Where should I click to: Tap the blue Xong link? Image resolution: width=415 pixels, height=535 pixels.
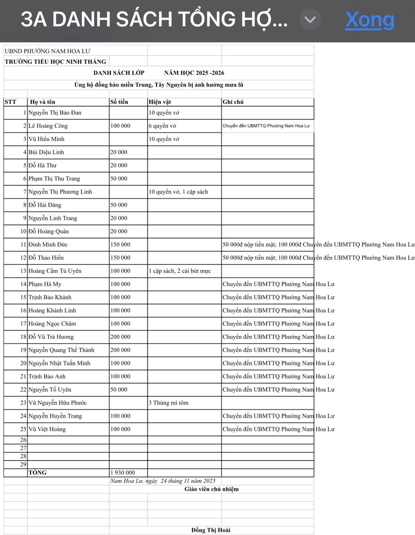[x=370, y=20]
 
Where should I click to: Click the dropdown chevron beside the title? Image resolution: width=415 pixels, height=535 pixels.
[x=310, y=20]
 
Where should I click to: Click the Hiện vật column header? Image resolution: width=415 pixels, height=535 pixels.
[x=160, y=102]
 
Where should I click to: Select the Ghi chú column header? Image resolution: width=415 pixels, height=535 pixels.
[x=233, y=102]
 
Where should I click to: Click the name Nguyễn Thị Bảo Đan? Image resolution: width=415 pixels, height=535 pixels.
[x=55, y=113]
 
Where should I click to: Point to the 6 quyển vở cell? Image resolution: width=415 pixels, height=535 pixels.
[x=162, y=126]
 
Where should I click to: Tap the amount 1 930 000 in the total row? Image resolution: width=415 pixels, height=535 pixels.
[x=123, y=473]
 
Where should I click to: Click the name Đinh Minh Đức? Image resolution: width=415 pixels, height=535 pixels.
[x=48, y=245]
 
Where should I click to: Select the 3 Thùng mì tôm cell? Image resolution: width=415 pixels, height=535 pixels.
[x=168, y=403]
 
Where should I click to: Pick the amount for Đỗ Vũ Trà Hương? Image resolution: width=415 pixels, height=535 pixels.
[x=120, y=337]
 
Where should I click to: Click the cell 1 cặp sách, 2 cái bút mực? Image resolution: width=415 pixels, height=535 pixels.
[x=180, y=271]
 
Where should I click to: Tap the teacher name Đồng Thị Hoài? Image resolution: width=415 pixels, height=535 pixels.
[x=211, y=530]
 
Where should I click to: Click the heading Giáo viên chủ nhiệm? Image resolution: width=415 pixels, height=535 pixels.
[x=212, y=489]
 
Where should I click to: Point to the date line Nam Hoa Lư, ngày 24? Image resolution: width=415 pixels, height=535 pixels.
[x=163, y=481]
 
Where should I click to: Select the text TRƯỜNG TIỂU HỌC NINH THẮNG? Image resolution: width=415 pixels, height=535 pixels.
[x=55, y=62]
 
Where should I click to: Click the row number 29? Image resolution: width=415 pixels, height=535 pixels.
[x=23, y=465]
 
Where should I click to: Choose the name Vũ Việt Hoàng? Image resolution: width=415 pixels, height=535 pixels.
[x=47, y=429]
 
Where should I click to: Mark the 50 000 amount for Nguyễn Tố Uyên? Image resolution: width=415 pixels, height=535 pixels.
[x=119, y=389]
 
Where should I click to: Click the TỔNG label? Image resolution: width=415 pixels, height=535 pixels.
[x=38, y=473]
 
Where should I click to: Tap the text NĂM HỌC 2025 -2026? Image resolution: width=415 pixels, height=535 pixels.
[x=194, y=73]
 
